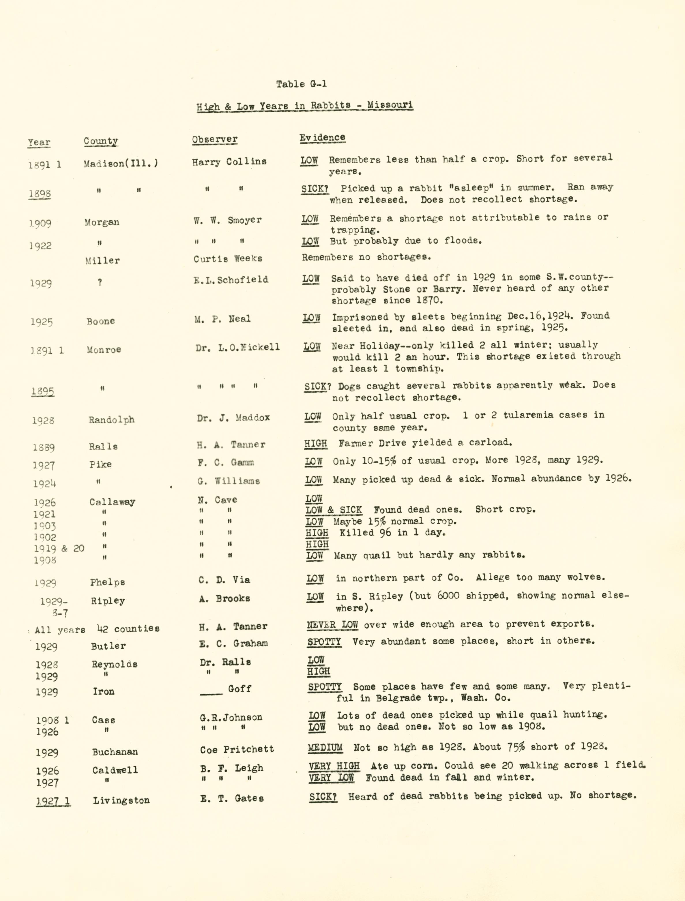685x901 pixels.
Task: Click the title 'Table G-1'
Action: tap(301, 84)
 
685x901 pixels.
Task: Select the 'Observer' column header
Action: tap(214, 139)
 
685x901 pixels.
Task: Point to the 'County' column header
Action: tap(101, 141)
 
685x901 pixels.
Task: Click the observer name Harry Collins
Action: tap(229, 161)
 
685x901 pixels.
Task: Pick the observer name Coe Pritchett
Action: tap(237, 749)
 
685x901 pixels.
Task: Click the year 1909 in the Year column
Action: tap(40, 223)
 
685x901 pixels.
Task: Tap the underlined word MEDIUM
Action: tap(325, 747)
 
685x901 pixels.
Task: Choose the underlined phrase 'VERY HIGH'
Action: tap(334, 766)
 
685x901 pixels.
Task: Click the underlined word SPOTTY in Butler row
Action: tap(324, 641)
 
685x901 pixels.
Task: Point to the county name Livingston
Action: tap(121, 800)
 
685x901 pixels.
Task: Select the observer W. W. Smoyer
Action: tap(228, 220)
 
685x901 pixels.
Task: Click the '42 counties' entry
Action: tap(128, 628)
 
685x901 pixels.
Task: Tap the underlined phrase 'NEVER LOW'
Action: tap(332, 624)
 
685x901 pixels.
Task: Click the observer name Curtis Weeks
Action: tap(228, 259)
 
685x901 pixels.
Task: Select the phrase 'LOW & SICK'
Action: tap(334, 510)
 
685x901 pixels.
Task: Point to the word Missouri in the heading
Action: tap(390, 105)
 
